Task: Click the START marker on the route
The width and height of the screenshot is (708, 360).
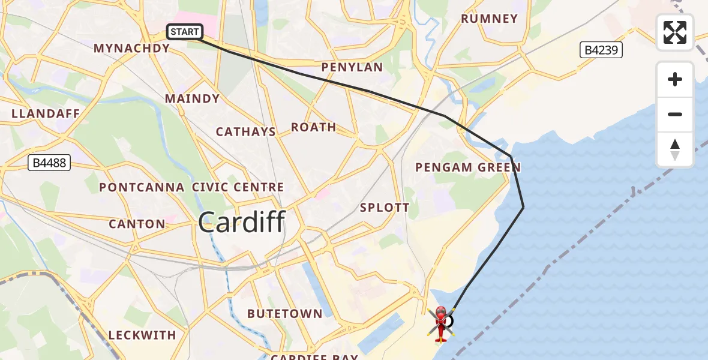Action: coord(185,32)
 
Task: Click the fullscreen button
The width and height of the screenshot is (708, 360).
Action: coord(675,32)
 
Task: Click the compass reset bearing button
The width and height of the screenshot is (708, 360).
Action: coord(675,149)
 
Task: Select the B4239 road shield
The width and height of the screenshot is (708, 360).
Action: coord(601,50)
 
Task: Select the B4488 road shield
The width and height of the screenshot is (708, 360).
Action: coord(50,163)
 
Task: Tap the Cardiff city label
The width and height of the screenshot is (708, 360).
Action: coord(241,223)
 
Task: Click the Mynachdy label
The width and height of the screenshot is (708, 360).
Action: coord(132,49)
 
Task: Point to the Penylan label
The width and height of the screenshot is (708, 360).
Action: coord(352,67)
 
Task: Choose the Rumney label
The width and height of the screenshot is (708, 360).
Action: coord(489,19)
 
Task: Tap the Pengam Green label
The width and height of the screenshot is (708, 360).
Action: coord(469,167)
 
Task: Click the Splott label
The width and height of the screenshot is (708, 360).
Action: coord(385,208)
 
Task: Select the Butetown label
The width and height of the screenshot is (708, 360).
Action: coord(284,314)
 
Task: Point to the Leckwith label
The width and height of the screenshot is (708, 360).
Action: coord(142,335)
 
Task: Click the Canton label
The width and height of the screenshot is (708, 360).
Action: coord(137,224)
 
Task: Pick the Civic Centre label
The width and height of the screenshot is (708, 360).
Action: coord(238,187)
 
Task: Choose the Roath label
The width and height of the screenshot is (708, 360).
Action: coord(313,127)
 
